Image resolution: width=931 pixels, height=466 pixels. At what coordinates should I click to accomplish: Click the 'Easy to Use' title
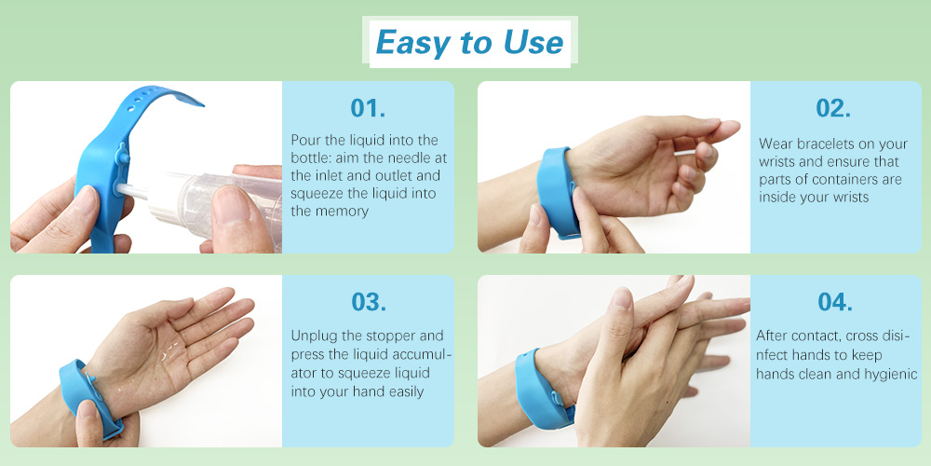pos(469,43)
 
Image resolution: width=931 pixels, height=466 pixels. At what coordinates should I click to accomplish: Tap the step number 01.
pos(368,107)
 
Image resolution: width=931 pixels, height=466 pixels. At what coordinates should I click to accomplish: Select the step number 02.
pos(833,107)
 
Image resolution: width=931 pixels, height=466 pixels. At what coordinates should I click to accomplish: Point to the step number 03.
pos(368,302)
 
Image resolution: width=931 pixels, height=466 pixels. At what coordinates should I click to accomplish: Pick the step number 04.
pos(835,302)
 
